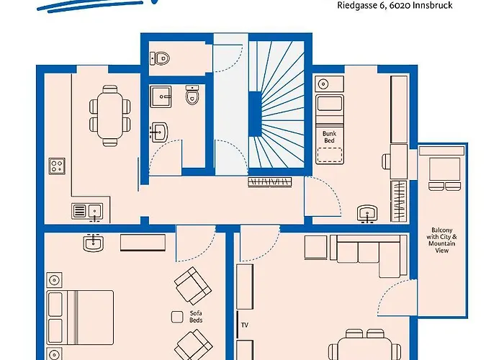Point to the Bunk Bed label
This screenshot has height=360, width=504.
[330, 135]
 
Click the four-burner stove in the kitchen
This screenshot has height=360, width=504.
[57, 166]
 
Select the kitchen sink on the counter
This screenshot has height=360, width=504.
[86, 211]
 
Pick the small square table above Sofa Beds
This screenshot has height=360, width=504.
[176, 315]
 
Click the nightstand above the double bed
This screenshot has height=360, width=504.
[53, 279]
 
